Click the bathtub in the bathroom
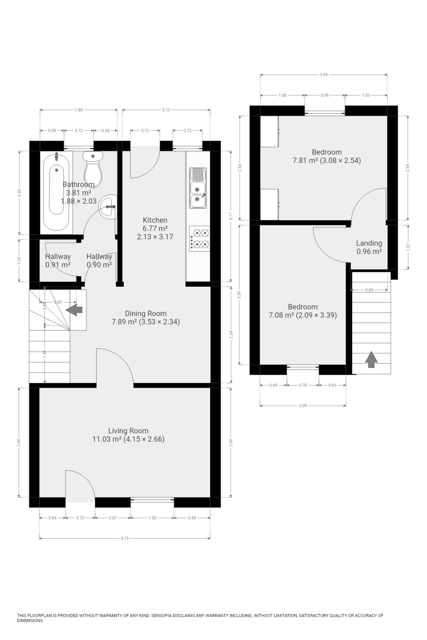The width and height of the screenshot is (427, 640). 57,192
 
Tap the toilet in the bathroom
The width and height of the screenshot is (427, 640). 93,167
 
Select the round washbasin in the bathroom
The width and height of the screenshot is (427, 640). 109,206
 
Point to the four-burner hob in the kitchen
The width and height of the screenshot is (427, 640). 199,238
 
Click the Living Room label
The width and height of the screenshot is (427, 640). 128,431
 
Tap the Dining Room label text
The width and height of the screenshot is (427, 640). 146,313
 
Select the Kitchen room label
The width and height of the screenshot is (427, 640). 155,220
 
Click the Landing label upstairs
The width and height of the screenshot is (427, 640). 369,243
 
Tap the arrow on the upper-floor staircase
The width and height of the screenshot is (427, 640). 371,359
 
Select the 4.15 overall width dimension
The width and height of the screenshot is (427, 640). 125,538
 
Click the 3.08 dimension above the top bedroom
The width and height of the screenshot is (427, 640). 324,75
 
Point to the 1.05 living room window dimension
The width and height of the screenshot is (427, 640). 152,518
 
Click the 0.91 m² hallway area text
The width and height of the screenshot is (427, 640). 58,265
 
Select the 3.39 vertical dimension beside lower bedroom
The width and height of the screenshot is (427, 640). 239,294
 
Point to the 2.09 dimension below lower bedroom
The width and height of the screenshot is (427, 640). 303,405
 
